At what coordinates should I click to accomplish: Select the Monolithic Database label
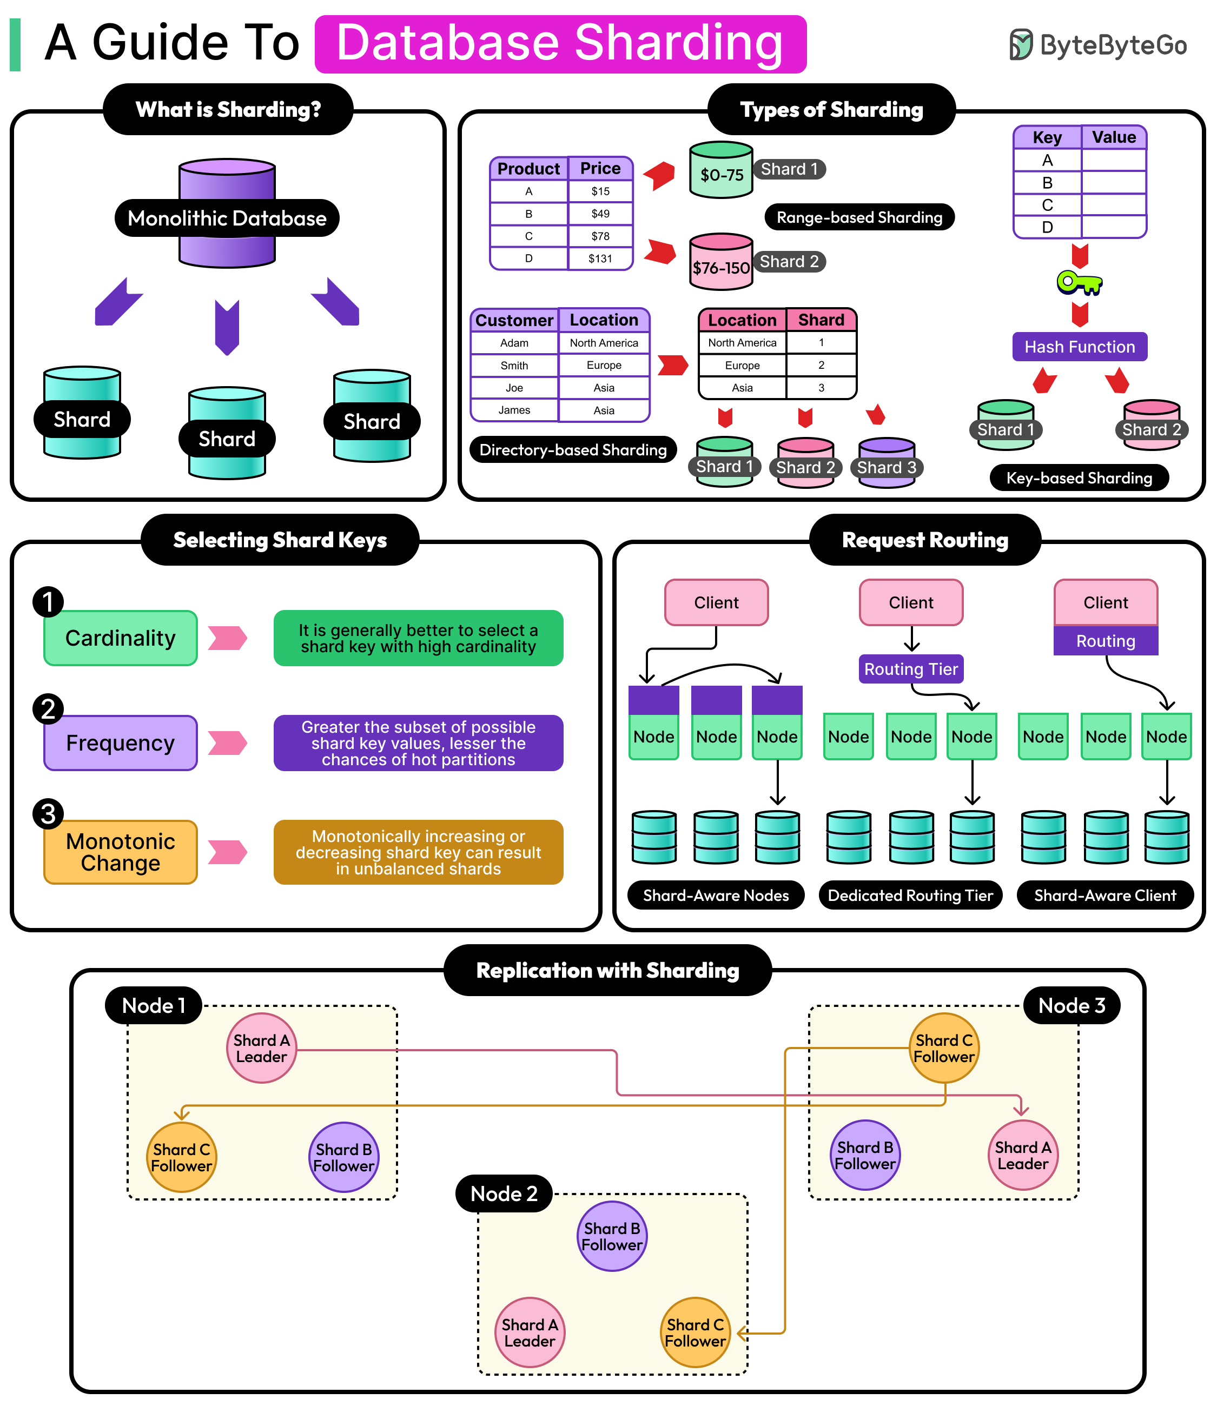[227, 218]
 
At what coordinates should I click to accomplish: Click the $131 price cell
[600, 258]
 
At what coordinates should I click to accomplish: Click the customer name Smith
[514, 365]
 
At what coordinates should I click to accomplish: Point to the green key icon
[1079, 282]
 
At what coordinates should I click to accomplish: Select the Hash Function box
[1079, 347]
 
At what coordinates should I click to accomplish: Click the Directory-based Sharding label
[573, 450]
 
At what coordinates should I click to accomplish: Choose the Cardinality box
[121, 638]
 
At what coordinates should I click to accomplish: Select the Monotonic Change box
[121, 852]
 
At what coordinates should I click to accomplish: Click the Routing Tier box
[910, 669]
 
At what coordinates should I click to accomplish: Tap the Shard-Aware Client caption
[1104, 895]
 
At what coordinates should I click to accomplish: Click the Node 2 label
[504, 1193]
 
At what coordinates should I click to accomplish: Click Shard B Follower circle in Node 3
[865, 1155]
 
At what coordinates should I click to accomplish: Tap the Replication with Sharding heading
[607, 971]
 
